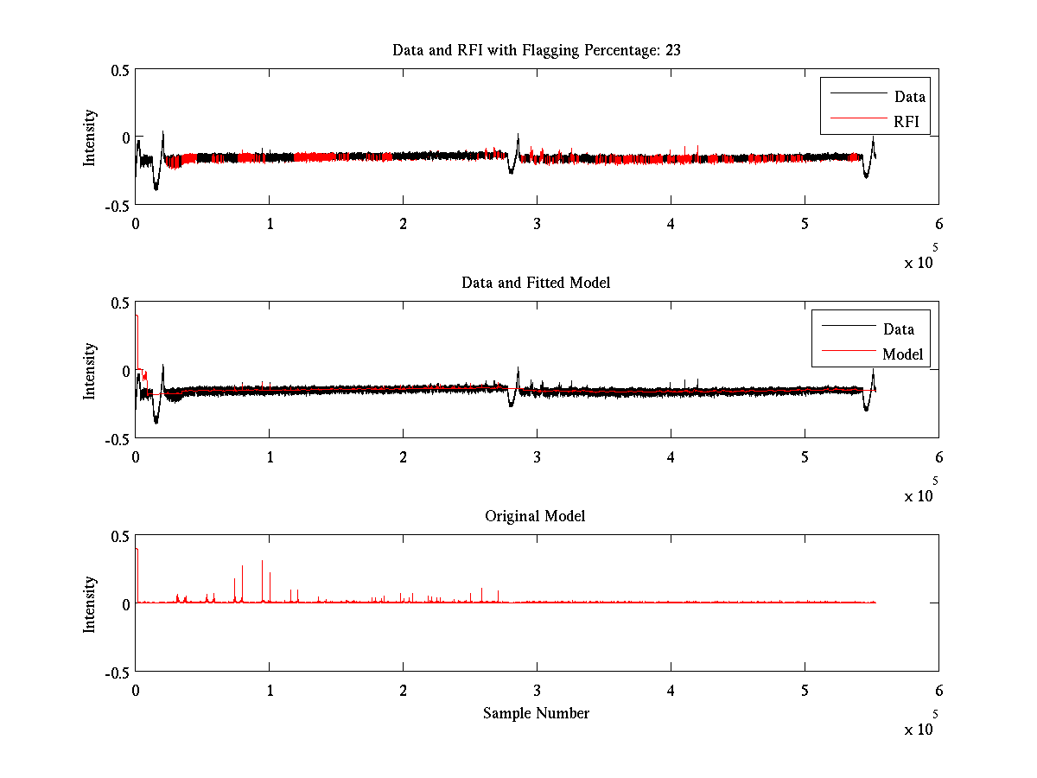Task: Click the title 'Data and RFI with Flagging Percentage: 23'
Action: [x=536, y=50]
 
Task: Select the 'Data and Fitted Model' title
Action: [x=536, y=283]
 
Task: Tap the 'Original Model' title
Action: [x=535, y=516]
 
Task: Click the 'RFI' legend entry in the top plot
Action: [x=907, y=122]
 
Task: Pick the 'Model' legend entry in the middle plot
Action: [x=902, y=354]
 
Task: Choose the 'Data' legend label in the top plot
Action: [x=909, y=97]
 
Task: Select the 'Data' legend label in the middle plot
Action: [x=899, y=329]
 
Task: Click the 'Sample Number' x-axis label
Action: [x=536, y=713]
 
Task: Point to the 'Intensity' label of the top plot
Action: [x=90, y=137]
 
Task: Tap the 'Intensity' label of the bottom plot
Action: [x=90, y=603]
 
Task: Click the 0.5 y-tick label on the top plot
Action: [x=120, y=70]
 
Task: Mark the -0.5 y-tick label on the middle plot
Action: [x=117, y=438]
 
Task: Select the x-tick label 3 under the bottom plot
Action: [x=537, y=690]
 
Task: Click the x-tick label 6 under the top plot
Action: [x=938, y=223]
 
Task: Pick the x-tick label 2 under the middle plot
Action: [x=403, y=456]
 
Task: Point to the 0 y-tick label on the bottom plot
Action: [x=125, y=603]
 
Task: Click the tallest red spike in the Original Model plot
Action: [x=263, y=562]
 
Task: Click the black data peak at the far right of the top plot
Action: [x=873, y=138]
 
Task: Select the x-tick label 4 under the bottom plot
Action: [x=671, y=690]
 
